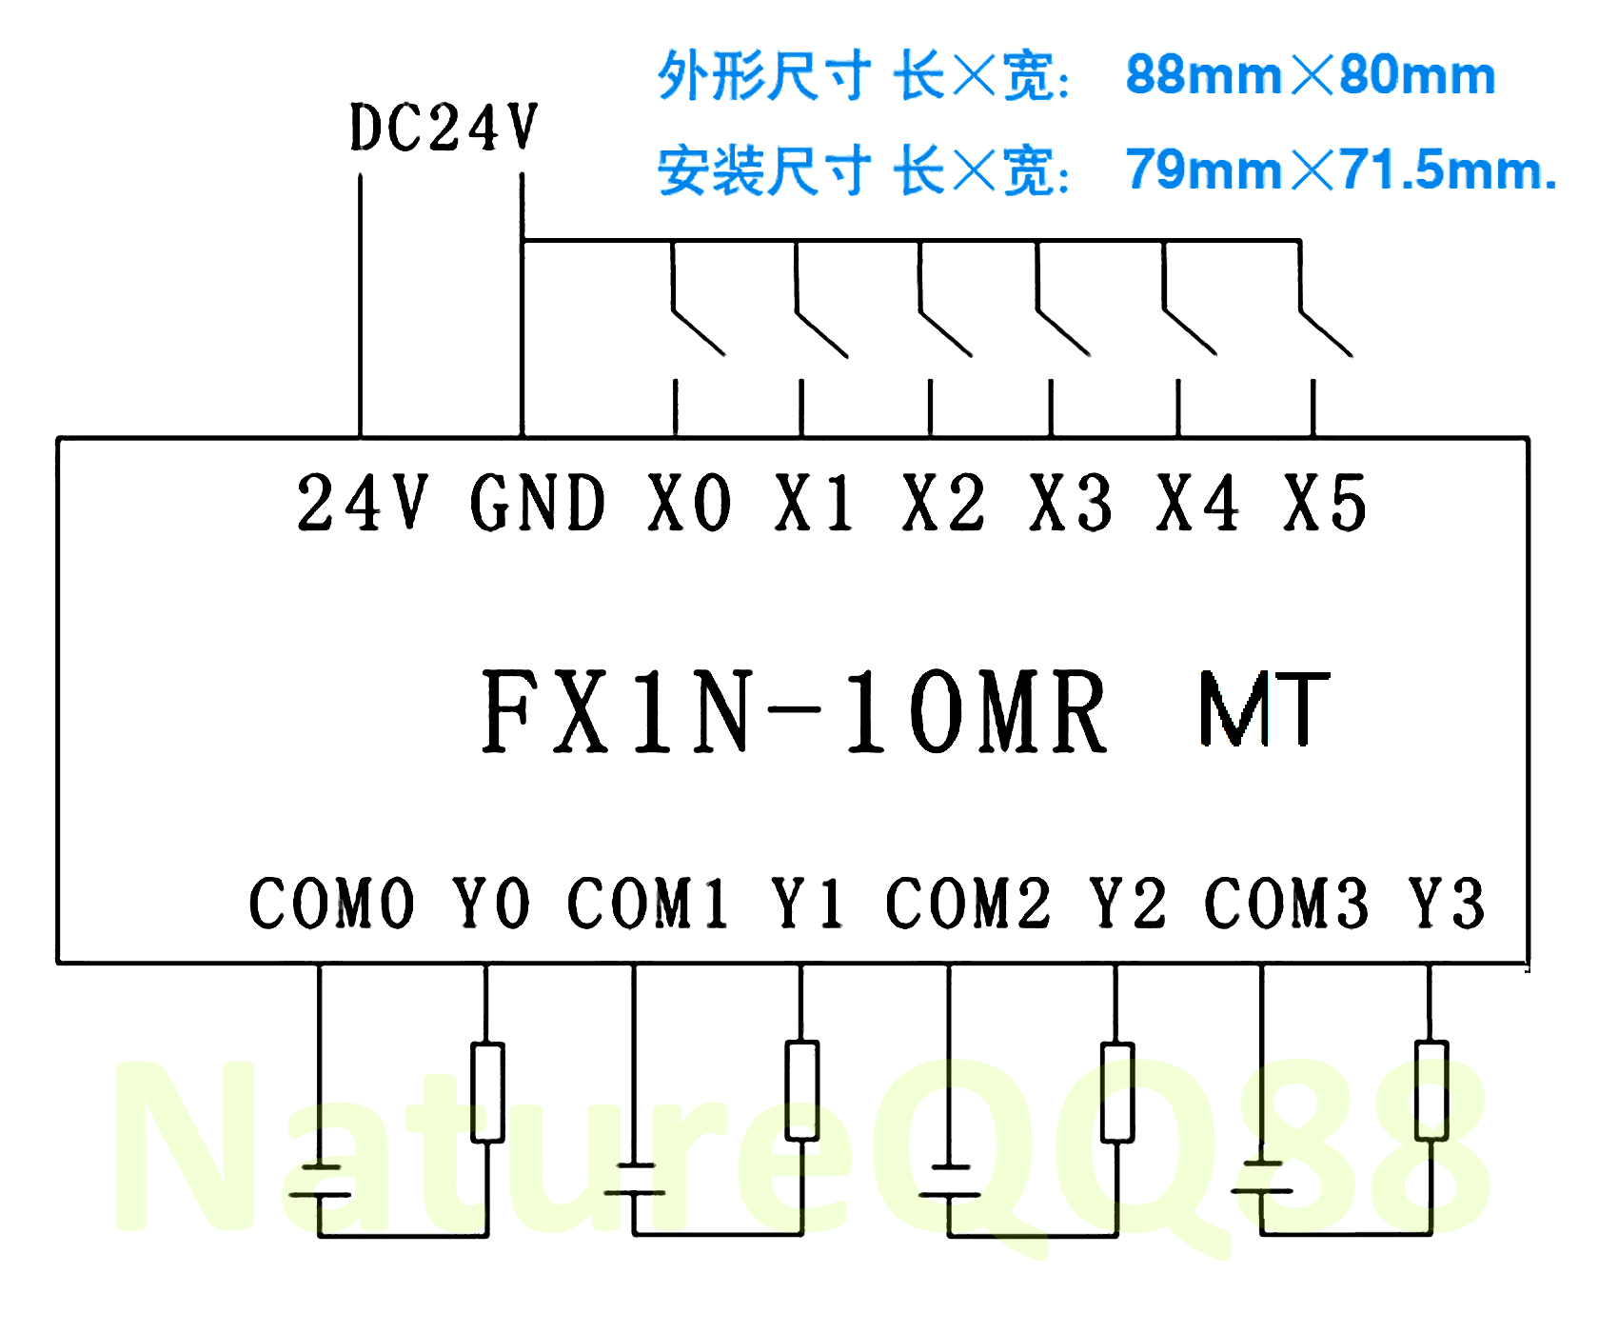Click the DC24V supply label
tap(444, 128)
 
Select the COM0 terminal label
tap(331, 903)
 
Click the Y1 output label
tap(807, 903)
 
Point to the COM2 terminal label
tap(968, 903)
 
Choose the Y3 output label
tap(1447, 903)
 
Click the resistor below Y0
tap(487, 1091)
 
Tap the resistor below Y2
tap(1116, 1091)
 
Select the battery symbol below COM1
tap(635, 1179)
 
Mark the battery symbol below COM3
tap(1262, 1177)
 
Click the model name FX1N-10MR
tap(794, 712)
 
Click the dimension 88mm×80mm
tap(1310, 75)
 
